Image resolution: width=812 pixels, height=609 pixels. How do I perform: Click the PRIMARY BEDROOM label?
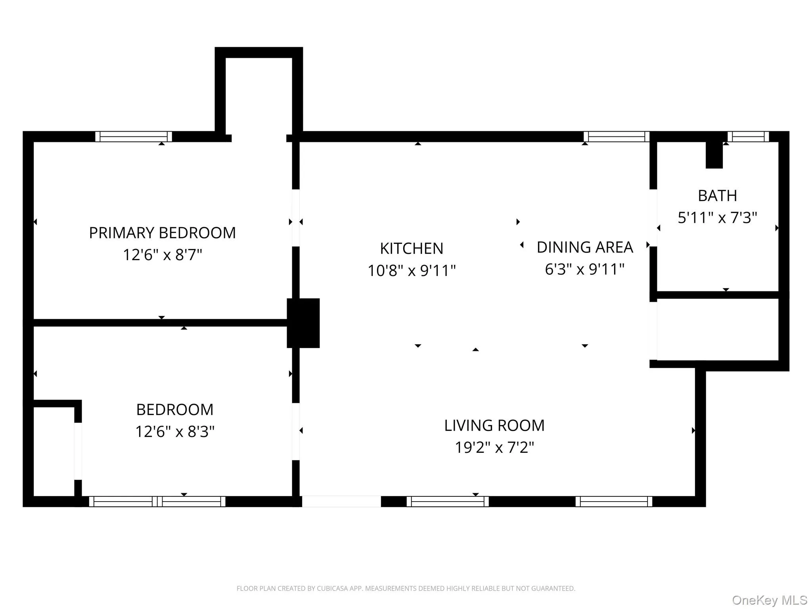(162, 233)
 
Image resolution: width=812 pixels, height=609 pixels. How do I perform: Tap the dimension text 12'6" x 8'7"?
(162, 255)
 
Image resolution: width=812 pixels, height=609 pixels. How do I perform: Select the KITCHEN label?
(412, 249)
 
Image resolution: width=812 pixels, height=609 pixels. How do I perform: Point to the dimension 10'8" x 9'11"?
(412, 271)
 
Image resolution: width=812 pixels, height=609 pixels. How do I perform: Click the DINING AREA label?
(584, 247)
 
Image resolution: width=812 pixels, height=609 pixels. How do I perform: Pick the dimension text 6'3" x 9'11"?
(584, 269)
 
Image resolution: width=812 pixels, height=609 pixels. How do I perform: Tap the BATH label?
(717, 196)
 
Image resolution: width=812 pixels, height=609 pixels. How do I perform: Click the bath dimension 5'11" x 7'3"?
(717, 218)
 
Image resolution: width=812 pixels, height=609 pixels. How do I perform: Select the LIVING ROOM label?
(494, 425)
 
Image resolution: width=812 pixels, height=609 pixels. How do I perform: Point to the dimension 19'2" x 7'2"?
(494, 448)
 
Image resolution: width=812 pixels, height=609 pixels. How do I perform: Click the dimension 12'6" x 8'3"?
(174, 431)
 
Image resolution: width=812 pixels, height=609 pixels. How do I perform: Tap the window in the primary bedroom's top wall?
(134, 137)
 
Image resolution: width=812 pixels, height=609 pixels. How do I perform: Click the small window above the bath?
(748, 137)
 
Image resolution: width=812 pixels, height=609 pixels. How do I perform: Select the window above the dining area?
(616, 137)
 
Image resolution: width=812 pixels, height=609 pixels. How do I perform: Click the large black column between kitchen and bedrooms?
(303, 323)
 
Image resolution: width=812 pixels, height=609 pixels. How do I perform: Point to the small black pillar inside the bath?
(714, 156)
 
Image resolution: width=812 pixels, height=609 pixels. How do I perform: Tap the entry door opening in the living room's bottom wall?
(341, 501)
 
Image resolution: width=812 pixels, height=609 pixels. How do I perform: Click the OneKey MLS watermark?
(769, 600)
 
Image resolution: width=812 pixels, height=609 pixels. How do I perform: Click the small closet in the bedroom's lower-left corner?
(54, 451)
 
